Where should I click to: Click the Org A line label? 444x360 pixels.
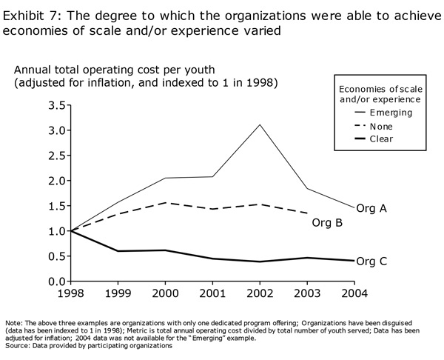(x=371, y=209)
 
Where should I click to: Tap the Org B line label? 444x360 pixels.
(x=327, y=222)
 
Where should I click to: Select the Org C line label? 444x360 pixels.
(x=371, y=261)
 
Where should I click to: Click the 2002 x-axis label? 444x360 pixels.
(x=260, y=293)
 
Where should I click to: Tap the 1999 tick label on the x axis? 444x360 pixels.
(x=118, y=293)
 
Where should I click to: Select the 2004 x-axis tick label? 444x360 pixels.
(x=355, y=293)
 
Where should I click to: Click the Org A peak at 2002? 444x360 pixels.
(x=260, y=124)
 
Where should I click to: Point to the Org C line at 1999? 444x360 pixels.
(x=118, y=251)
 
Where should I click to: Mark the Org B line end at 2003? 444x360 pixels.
(x=308, y=213)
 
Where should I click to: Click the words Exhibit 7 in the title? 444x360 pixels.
(x=29, y=13)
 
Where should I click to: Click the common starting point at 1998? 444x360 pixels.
(x=70, y=231)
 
